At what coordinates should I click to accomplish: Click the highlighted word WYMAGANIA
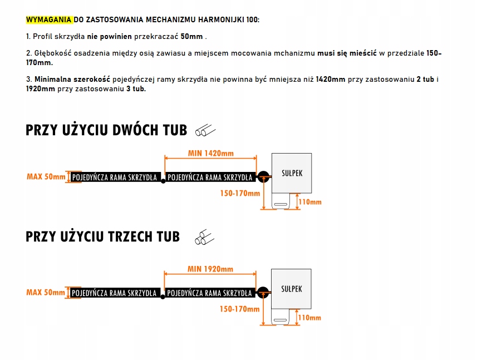[x=49, y=19]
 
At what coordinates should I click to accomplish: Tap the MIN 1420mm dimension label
[x=211, y=154]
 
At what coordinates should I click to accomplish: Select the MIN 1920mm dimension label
[x=210, y=269]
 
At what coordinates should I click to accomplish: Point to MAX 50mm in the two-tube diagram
[x=46, y=177]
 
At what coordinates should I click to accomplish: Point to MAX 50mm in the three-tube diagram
[x=46, y=292]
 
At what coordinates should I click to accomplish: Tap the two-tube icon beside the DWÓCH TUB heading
[x=204, y=131]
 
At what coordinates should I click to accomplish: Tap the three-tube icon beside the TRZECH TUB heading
[x=204, y=237]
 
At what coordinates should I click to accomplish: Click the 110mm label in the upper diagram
[x=310, y=202]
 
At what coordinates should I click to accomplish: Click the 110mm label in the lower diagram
[x=310, y=318]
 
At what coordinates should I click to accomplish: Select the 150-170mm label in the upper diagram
[x=239, y=194]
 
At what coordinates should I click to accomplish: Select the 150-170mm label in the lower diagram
[x=239, y=309]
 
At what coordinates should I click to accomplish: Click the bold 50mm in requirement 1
[x=196, y=36]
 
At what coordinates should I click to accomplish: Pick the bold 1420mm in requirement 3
[x=329, y=80]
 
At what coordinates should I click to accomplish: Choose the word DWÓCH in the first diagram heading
[x=136, y=131]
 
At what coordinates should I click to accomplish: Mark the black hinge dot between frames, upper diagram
[x=163, y=181]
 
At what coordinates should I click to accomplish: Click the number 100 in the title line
[x=250, y=19]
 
